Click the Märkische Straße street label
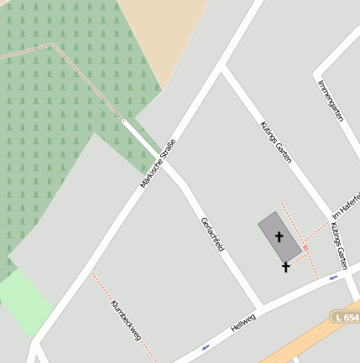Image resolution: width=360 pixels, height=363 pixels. pos(159,163)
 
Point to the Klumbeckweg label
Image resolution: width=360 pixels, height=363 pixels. pos(126,319)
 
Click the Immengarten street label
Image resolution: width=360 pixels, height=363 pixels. pos(331,100)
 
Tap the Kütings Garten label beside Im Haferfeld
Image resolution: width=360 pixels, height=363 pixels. pos(338,244)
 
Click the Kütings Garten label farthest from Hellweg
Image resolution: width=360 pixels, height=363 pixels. pos(276,141)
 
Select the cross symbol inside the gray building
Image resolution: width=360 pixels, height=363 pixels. pos(279,237)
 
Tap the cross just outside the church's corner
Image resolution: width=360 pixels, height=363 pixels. pos(286,267)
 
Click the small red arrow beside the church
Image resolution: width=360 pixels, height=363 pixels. pos(306,248)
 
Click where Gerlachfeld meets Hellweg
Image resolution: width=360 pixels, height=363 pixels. pos(260,307)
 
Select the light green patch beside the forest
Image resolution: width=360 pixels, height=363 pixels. pos(21,302)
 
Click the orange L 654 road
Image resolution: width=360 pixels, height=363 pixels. pos(319,331)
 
